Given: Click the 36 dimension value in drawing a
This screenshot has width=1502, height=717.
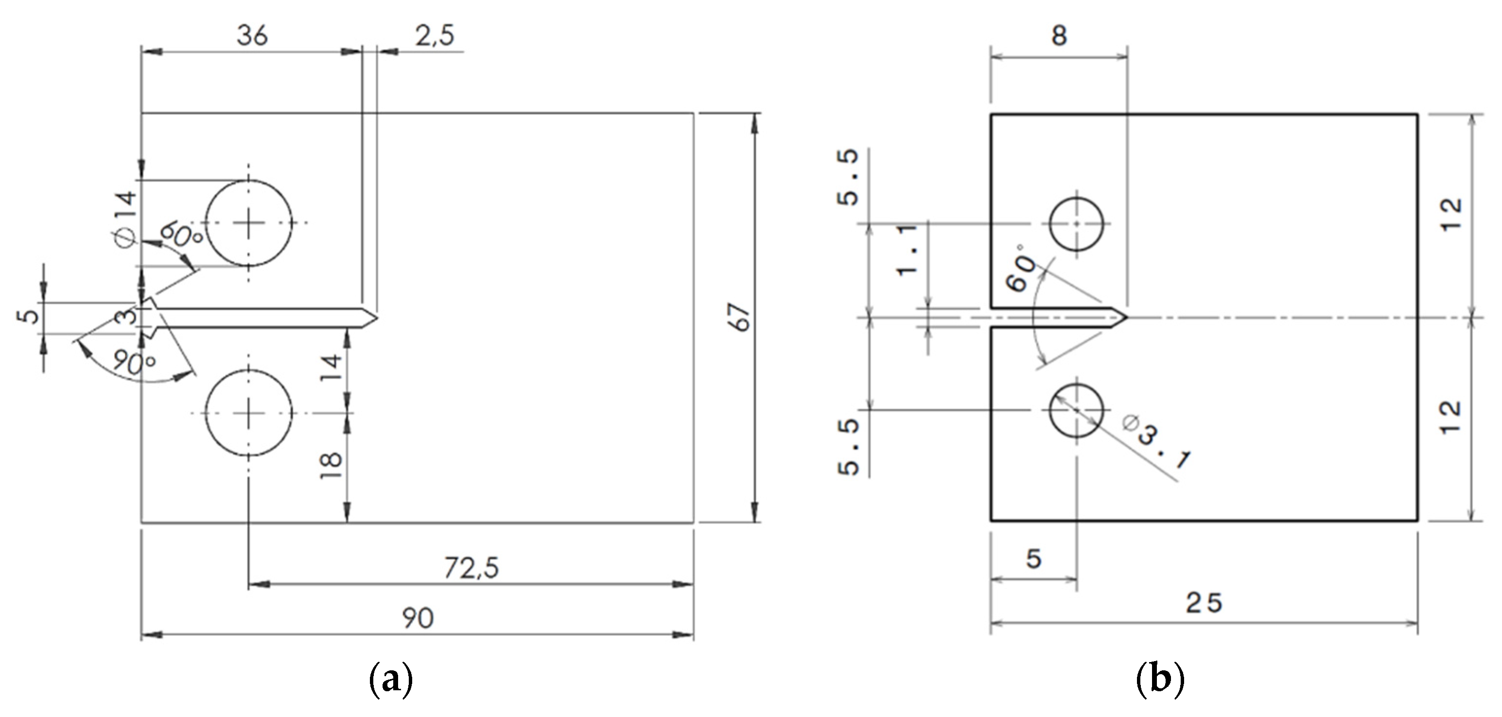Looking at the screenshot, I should coord(252,36).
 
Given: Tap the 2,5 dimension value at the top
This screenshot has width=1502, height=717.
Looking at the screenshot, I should coord(435,36).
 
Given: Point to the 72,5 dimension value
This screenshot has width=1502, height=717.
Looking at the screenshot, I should coord(471,568).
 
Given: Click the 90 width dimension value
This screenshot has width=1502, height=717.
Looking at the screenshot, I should coord(418,618).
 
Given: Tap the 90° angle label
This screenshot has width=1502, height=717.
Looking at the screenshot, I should coord(134,363).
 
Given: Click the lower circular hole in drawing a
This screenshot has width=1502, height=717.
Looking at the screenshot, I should coord(249,413).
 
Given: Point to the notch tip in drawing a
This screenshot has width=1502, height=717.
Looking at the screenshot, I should coord(377,318).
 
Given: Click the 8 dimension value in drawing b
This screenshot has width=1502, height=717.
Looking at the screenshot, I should coord(1059,36).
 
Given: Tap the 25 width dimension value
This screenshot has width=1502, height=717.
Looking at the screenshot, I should coord(1204,603).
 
